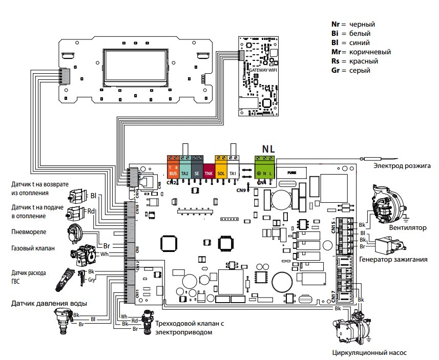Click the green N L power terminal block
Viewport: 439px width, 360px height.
(x=265, y=166)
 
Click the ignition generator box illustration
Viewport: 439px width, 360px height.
(x=389, y=246)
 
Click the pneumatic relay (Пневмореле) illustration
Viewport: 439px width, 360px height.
(x=77, y=235)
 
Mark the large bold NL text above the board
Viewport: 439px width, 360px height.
(x=268, y=149)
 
